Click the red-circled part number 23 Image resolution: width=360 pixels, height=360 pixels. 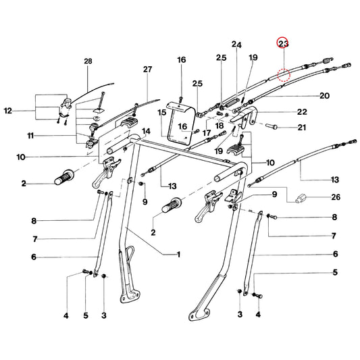[283, 43]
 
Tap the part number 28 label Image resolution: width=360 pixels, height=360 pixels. [88, 61]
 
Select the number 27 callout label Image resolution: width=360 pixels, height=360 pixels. [148, 69]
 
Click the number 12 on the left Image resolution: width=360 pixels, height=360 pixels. [8, 111]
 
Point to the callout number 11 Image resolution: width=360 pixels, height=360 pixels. [30, 136]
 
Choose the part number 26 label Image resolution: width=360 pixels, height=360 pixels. [336, 197]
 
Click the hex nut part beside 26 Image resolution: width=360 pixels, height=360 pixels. [301, 198]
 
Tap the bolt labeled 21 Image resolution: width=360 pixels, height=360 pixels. [272, 126]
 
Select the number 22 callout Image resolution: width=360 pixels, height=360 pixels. [302, 112]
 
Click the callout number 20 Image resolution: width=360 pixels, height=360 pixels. [324, 95]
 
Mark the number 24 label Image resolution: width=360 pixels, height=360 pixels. [236, 45]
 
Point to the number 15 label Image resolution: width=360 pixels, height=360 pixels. [161, 113]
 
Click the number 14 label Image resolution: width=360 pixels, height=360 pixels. [147, 131]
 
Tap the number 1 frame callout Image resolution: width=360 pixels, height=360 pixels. [178, 254]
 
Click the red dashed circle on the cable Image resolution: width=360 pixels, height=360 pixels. [284, 75]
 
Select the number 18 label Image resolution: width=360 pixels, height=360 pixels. [220, 126]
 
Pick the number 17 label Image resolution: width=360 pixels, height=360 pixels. [207, 132]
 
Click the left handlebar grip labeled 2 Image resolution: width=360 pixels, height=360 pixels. [64, 177]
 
